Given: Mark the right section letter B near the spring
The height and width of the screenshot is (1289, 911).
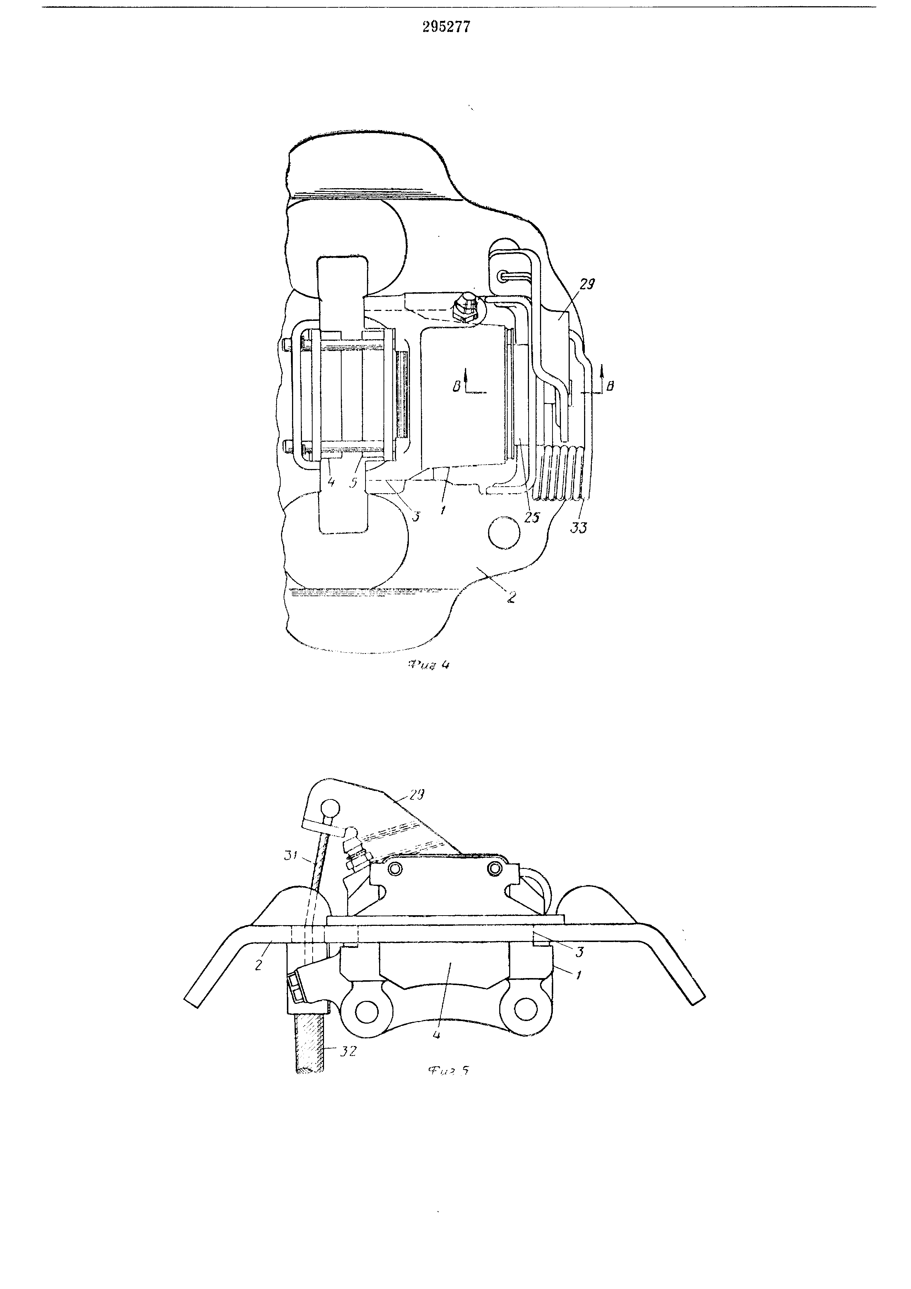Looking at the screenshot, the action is [610, 386].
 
